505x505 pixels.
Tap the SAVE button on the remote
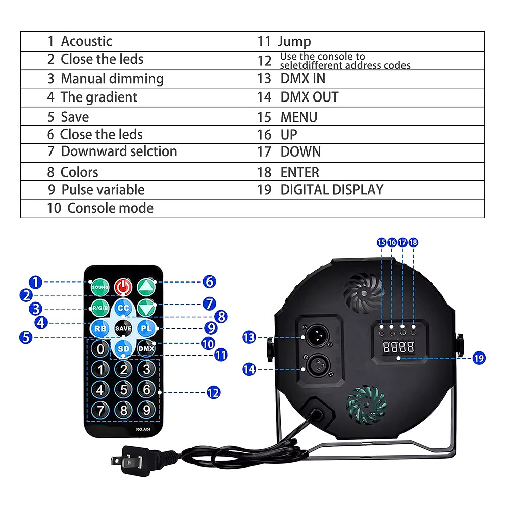click(x=123, y=328)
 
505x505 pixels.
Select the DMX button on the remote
click(x=146, y=348)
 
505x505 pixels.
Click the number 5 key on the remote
click(x=123, y=389)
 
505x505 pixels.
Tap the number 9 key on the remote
click(x=146, y=409)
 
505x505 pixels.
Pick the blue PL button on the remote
click(x=146, y=328)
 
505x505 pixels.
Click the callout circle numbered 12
click(x=214, y=392)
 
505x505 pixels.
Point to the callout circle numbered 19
click(x=479, y=358)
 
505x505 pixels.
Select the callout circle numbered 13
click(x=249, y=337)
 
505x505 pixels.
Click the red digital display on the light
click(x=398, y=346)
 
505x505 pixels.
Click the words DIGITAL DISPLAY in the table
click(x=332, y=190)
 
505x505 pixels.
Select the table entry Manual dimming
click(x=112, y=79)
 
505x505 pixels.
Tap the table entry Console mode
click(x=110, y=208)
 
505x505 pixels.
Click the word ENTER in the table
click(x=300, y=172)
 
